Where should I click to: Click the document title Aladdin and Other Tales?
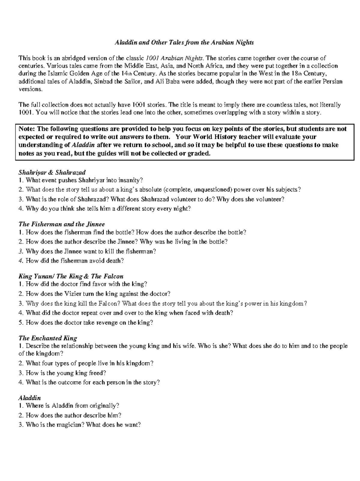pyautogui.click(x=184, y=42)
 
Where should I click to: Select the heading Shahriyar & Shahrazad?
pyautogui.click(x=52, y=172)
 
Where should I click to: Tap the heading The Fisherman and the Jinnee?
pyautogui.click(x=61, y=224)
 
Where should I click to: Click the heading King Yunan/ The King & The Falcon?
pyautogui.click(x=71, y=276)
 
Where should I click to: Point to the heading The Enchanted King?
pyautogui.click(x=48, y=338)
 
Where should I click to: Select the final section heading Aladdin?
pyautogui.click(x=29, y=398)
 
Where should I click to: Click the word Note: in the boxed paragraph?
pyautogui.click(x=27, y=129)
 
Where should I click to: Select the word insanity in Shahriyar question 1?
pyautogui.click(x=131, y=180)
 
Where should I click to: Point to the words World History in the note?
pyautogui.click(x=214, y=137)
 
